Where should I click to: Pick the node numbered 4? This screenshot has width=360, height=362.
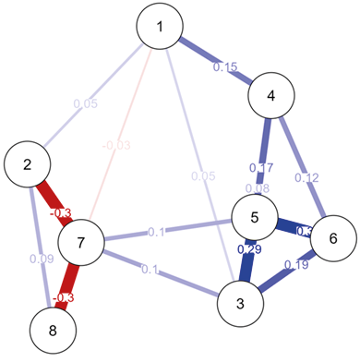[270, 95]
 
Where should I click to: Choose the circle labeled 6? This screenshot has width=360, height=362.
[332, 238]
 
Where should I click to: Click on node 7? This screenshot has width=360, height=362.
[82, 243]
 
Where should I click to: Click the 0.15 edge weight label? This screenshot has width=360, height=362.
[225, 66]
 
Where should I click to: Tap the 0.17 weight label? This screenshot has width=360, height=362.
[262, 168]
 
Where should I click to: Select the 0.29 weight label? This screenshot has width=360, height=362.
[247, 249]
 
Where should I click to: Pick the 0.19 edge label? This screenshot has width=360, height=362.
[296, 265]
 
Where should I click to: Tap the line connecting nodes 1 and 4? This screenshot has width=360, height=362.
[208, 56]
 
